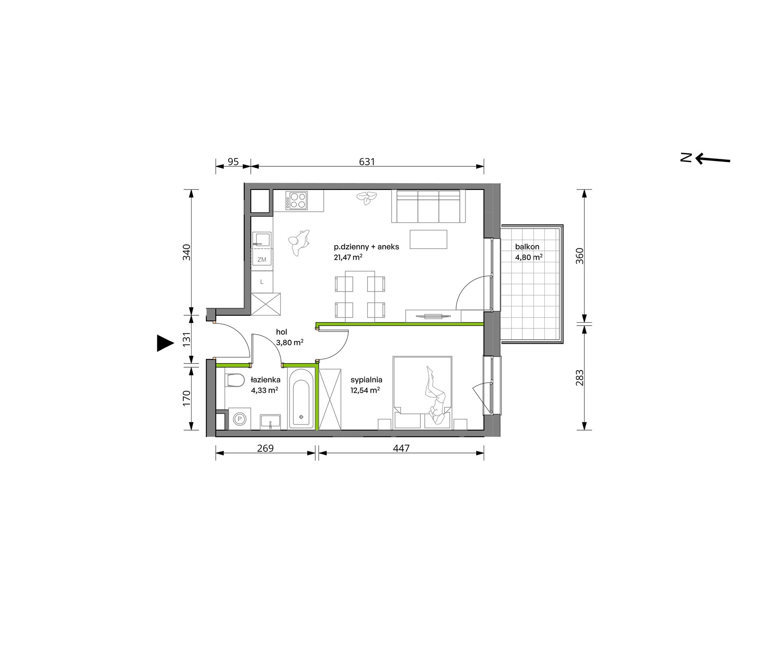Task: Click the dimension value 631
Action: click(367, 162)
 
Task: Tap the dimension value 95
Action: click(233, 162)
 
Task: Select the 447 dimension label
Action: click(401, 449)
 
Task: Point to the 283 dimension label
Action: click(580, 377)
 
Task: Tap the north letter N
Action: click(685, 158)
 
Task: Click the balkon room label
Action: click(527, 247)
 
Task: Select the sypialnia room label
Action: click(366, 380)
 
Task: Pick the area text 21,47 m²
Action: click(348, 257)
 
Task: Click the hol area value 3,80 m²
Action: click(290, 343)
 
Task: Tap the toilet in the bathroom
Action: click(234, 381)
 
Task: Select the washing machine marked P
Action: click(240, 419)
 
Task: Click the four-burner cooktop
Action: click(296, 201)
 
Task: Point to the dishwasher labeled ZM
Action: click(262, 259)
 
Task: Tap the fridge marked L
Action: click(262, 282)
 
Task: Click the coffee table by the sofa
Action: click(428, 239)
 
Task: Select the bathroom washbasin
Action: click(270, 422)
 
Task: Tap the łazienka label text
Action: click(265, 379)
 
